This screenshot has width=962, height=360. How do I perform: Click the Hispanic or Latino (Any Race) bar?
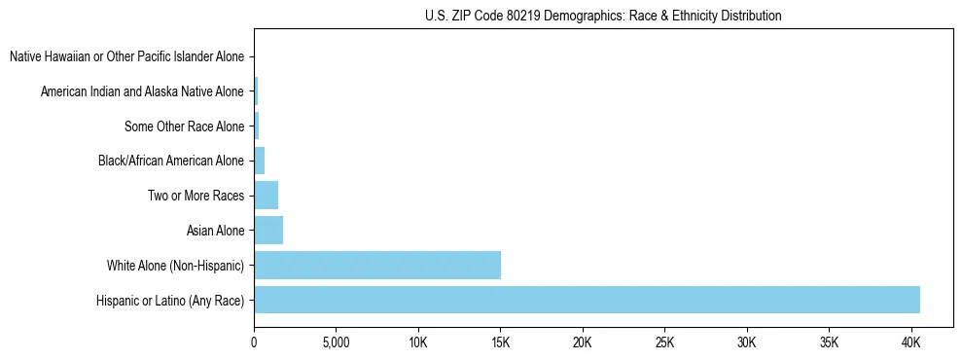click(x=587, y=300)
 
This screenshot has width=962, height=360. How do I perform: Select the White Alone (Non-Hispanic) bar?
click(x=377, y=265)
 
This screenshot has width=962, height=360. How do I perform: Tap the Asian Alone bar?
click(x=268, y=231)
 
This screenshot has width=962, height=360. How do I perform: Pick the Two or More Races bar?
click(x=266, y=196)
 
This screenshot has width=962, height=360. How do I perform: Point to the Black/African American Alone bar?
click(x=259, y=161)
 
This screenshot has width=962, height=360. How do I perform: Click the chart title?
click(x=603, y=16)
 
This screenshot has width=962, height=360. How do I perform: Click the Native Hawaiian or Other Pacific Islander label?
click(x=126, y=57)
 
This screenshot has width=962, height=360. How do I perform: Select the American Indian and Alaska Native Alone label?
click(x=142, y=92)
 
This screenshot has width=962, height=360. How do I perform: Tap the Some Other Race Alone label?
click(x=184, y=126)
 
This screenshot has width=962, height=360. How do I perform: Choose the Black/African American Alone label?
click(x=171, y=162)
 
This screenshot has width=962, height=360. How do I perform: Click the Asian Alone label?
click(x=215, y=231)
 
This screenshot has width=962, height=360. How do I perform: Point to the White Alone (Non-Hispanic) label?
click(x=176, y=266)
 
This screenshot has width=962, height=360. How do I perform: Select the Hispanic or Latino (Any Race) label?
click(x=170, y=301)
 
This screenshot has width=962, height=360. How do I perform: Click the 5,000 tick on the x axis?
click(x=335, y=343)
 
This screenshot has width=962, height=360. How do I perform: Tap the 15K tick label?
click(x=500, y=343)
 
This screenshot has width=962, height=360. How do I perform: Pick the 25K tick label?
click(x=664, y=343)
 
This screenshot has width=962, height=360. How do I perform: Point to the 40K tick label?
click(x=911, y=343)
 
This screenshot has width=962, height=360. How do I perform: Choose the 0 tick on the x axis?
click(x=254, y=343)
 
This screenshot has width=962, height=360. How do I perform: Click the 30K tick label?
click(x=747, y=343)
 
